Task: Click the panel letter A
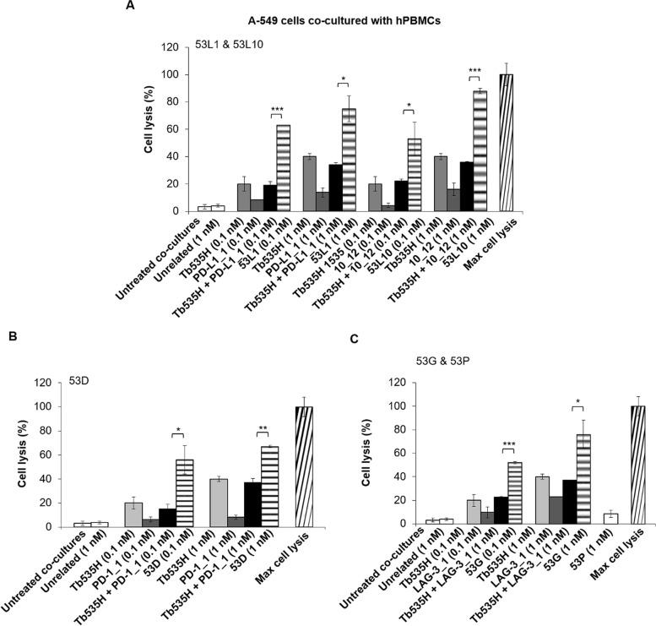130,7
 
